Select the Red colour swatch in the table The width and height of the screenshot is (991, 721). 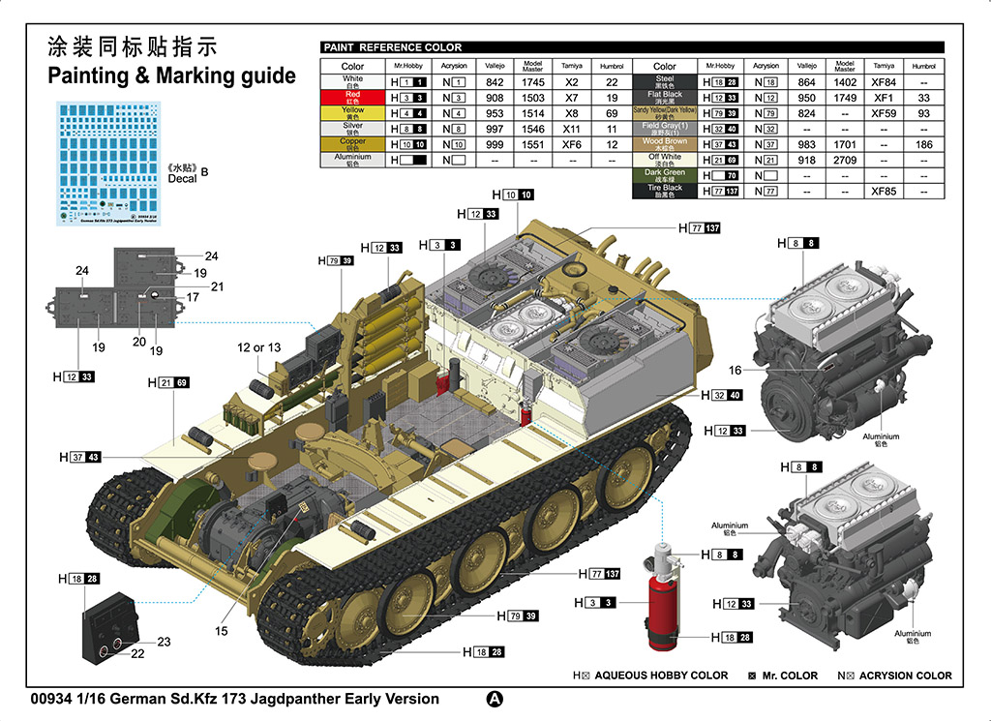pyautogui.click(x=353, y=98)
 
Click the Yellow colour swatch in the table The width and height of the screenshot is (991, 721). pyautogui.click(x=353, y=112)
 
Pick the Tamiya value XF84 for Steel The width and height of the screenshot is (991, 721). pyautogui.click(x=884, y=82)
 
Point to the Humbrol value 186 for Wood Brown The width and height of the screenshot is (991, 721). pyautogui.click(x=923, y=144)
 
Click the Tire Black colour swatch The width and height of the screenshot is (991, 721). pyautogui.click(x=665, y=191)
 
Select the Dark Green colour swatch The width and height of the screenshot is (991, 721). pyautogui.click(x=665, y=175)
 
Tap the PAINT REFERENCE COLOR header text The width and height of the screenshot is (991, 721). pyautogui.click(x=393, y=47)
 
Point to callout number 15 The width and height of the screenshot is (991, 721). pyautogui.click(x=222, y=631)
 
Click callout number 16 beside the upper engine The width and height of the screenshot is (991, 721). pyautogui.click(x=736, y=370)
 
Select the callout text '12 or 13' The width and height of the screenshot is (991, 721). pyautogui.click(x=259, y=347)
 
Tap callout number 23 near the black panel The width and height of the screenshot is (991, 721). pyautogui.click(x=164, y=642)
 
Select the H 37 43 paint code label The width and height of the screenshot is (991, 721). pyautogui.click(x=79, y=457)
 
